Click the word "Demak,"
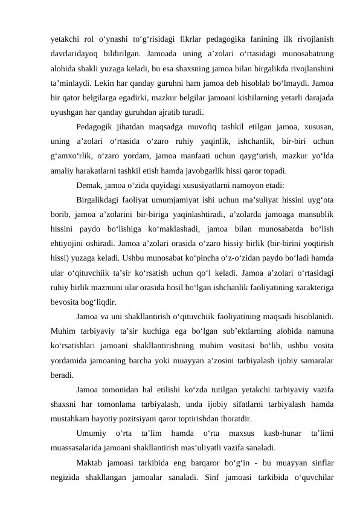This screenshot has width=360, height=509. tap(90, 185)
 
